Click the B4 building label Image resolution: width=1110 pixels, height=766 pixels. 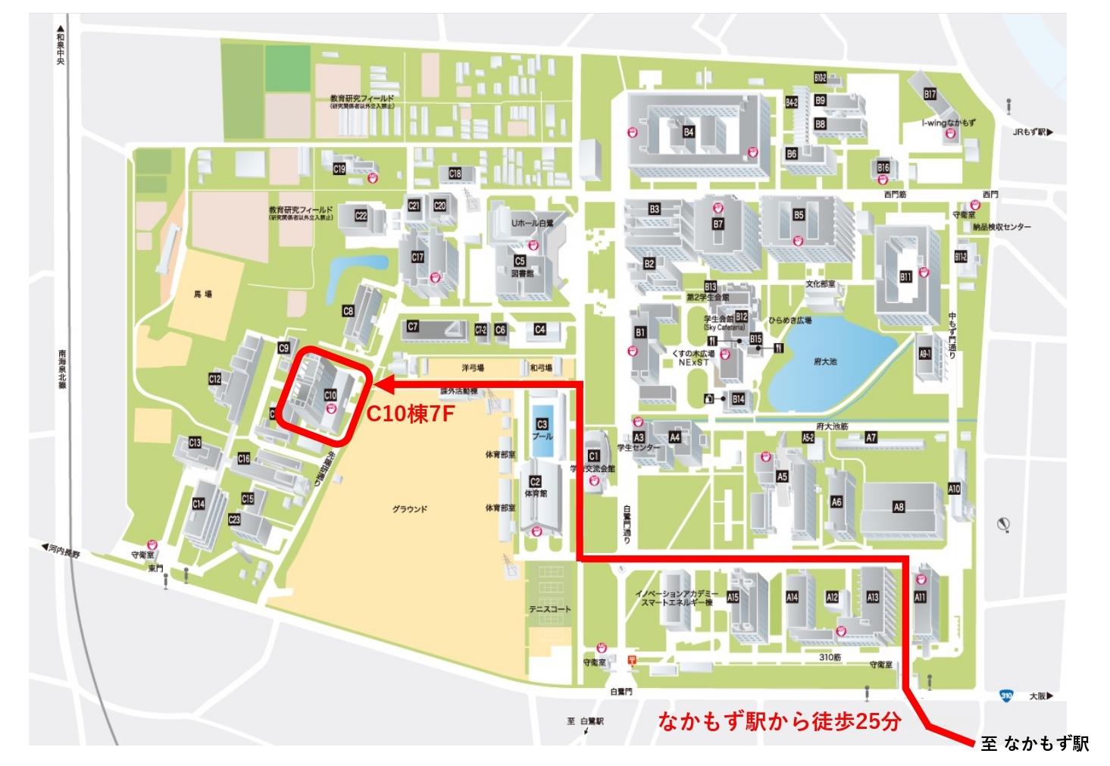[x=688, y=132]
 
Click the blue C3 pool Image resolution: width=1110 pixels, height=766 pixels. [x=542, y=438]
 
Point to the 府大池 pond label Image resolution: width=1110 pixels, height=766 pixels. [x=825, y=362]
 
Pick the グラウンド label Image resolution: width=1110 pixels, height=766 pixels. [x=410, y=509]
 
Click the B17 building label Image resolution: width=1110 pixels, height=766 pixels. [x=930, y=95]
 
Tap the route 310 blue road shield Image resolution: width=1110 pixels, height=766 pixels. [x=1005, y=695]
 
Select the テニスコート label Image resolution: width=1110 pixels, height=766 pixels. [x=550, y=609]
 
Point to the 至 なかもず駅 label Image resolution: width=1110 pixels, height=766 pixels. [x=1034, y=744]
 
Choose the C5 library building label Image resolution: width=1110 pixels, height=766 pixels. [x=520, y=261]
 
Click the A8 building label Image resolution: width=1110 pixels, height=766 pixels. [x=899, y=508]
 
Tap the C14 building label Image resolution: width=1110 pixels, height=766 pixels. [x=199, y=504]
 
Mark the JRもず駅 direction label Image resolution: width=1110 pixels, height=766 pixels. [x=1033, y=132]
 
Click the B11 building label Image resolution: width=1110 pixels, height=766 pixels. [x=905, y=277]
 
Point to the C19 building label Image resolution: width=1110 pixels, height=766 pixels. [x=339, y=169]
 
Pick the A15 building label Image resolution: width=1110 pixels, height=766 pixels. [x=733, y=598]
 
